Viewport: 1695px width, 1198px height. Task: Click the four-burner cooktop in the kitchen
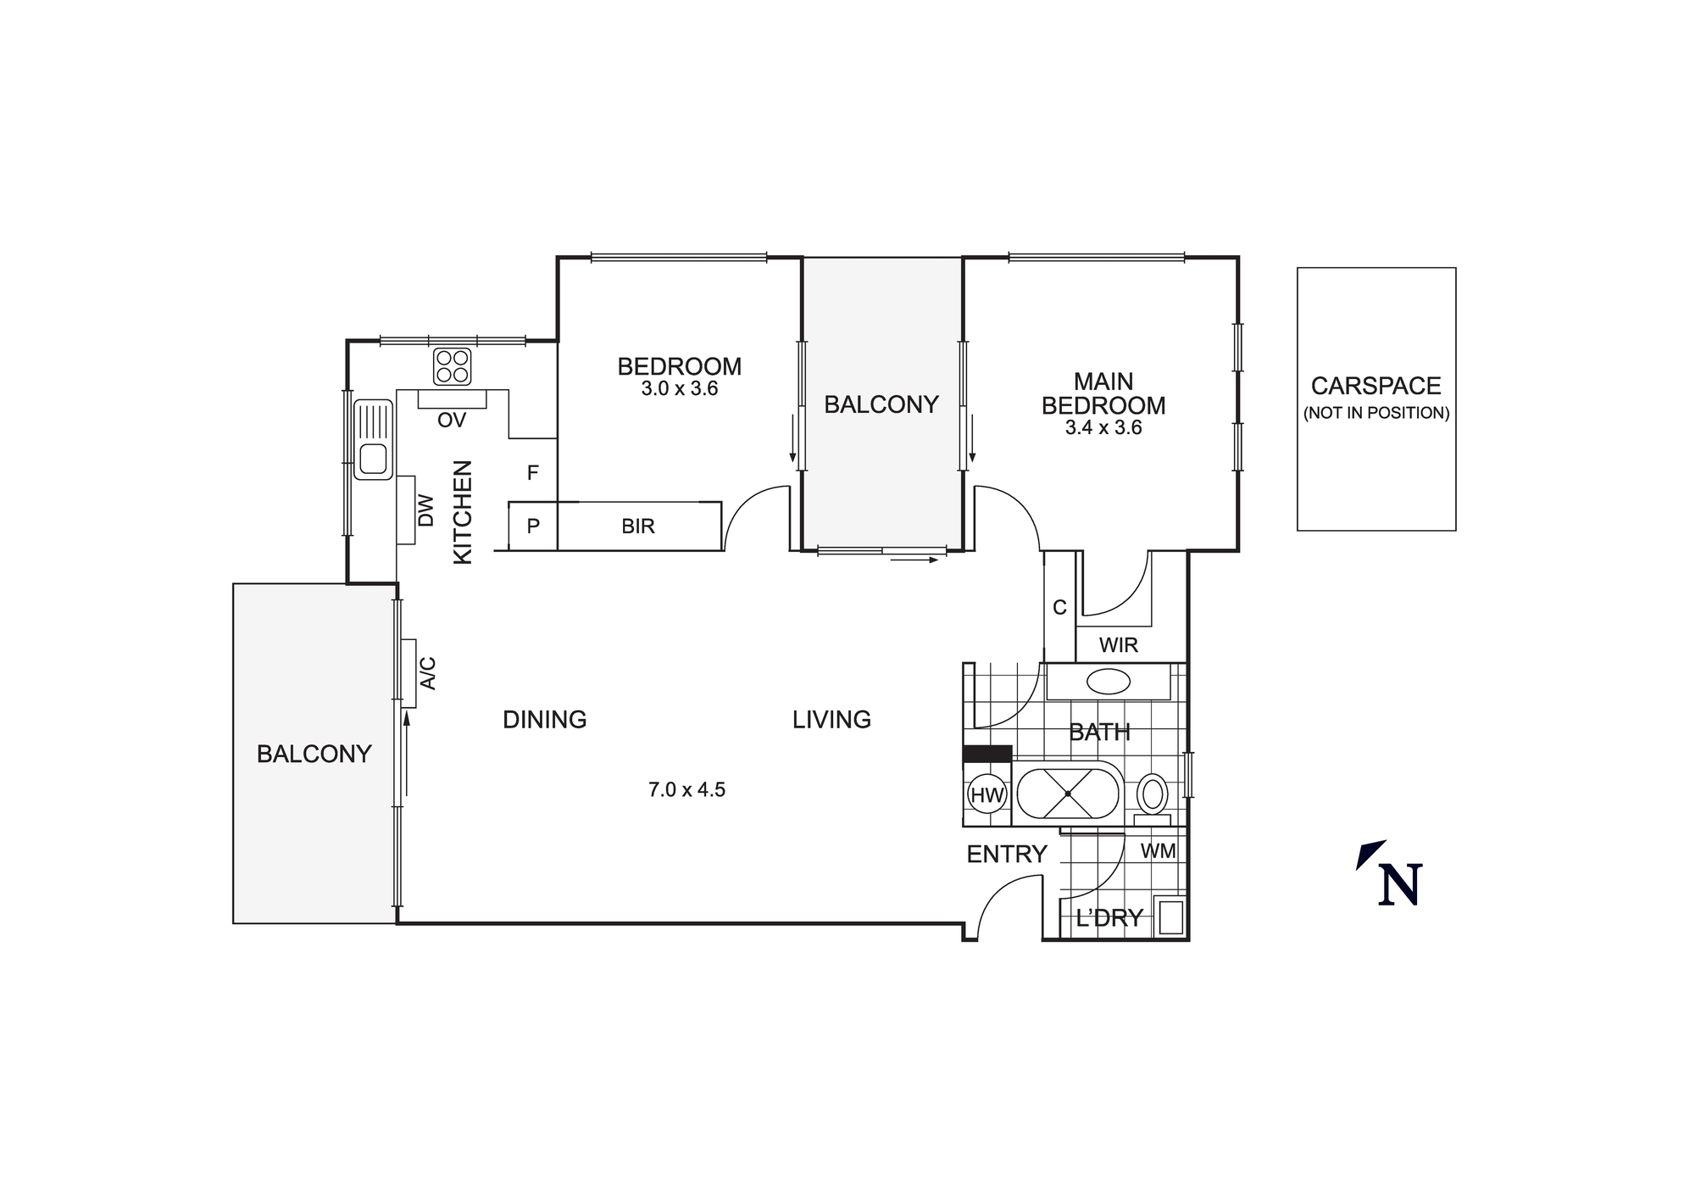pos(452,366)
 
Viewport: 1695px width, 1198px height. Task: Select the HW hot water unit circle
pos(986,795)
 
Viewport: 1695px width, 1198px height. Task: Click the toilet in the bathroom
pos(1152,794)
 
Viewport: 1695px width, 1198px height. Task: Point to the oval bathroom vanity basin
pos(1108,682)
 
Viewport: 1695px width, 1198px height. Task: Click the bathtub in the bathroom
pos(1068,794)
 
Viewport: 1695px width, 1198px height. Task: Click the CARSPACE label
pos(1375,386)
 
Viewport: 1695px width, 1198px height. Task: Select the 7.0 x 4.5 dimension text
pos(686,790)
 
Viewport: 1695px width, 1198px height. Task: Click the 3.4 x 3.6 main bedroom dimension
pos(1103,428)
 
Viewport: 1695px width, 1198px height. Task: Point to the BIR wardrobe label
pos(638,527)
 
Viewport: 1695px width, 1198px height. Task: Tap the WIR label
pos(1118,645)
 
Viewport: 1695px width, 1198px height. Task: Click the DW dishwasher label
pos(425,510)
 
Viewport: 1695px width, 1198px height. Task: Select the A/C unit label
pos(429,673)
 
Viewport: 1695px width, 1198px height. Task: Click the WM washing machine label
pos(1158,850)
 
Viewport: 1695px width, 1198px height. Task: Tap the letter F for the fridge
pos(532,473)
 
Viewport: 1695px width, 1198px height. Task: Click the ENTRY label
pos(1007,855)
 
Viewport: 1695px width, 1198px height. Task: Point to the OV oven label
pos(452,421)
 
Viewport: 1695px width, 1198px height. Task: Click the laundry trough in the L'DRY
pos(1170,917)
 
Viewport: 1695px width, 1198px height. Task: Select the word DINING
pos(544,720)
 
